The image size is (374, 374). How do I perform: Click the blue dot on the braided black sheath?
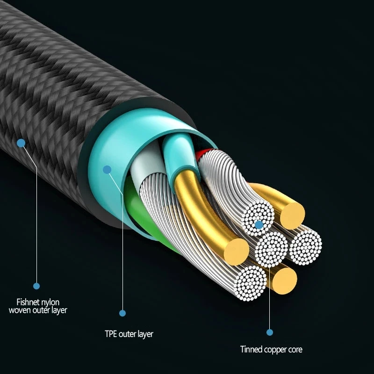tap(21, 143)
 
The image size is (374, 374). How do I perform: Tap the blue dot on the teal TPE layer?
tap(108, 169)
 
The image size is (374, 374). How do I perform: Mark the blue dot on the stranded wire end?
tap(259, 225)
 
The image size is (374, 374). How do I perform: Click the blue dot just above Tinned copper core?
tap(270, 332)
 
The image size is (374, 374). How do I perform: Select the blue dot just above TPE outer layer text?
tap(123, 313)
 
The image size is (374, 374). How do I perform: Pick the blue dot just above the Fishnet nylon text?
tap(36, 286)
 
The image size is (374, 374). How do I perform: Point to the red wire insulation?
tap(202, 153)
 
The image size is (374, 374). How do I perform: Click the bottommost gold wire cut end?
tap(283, 280)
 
